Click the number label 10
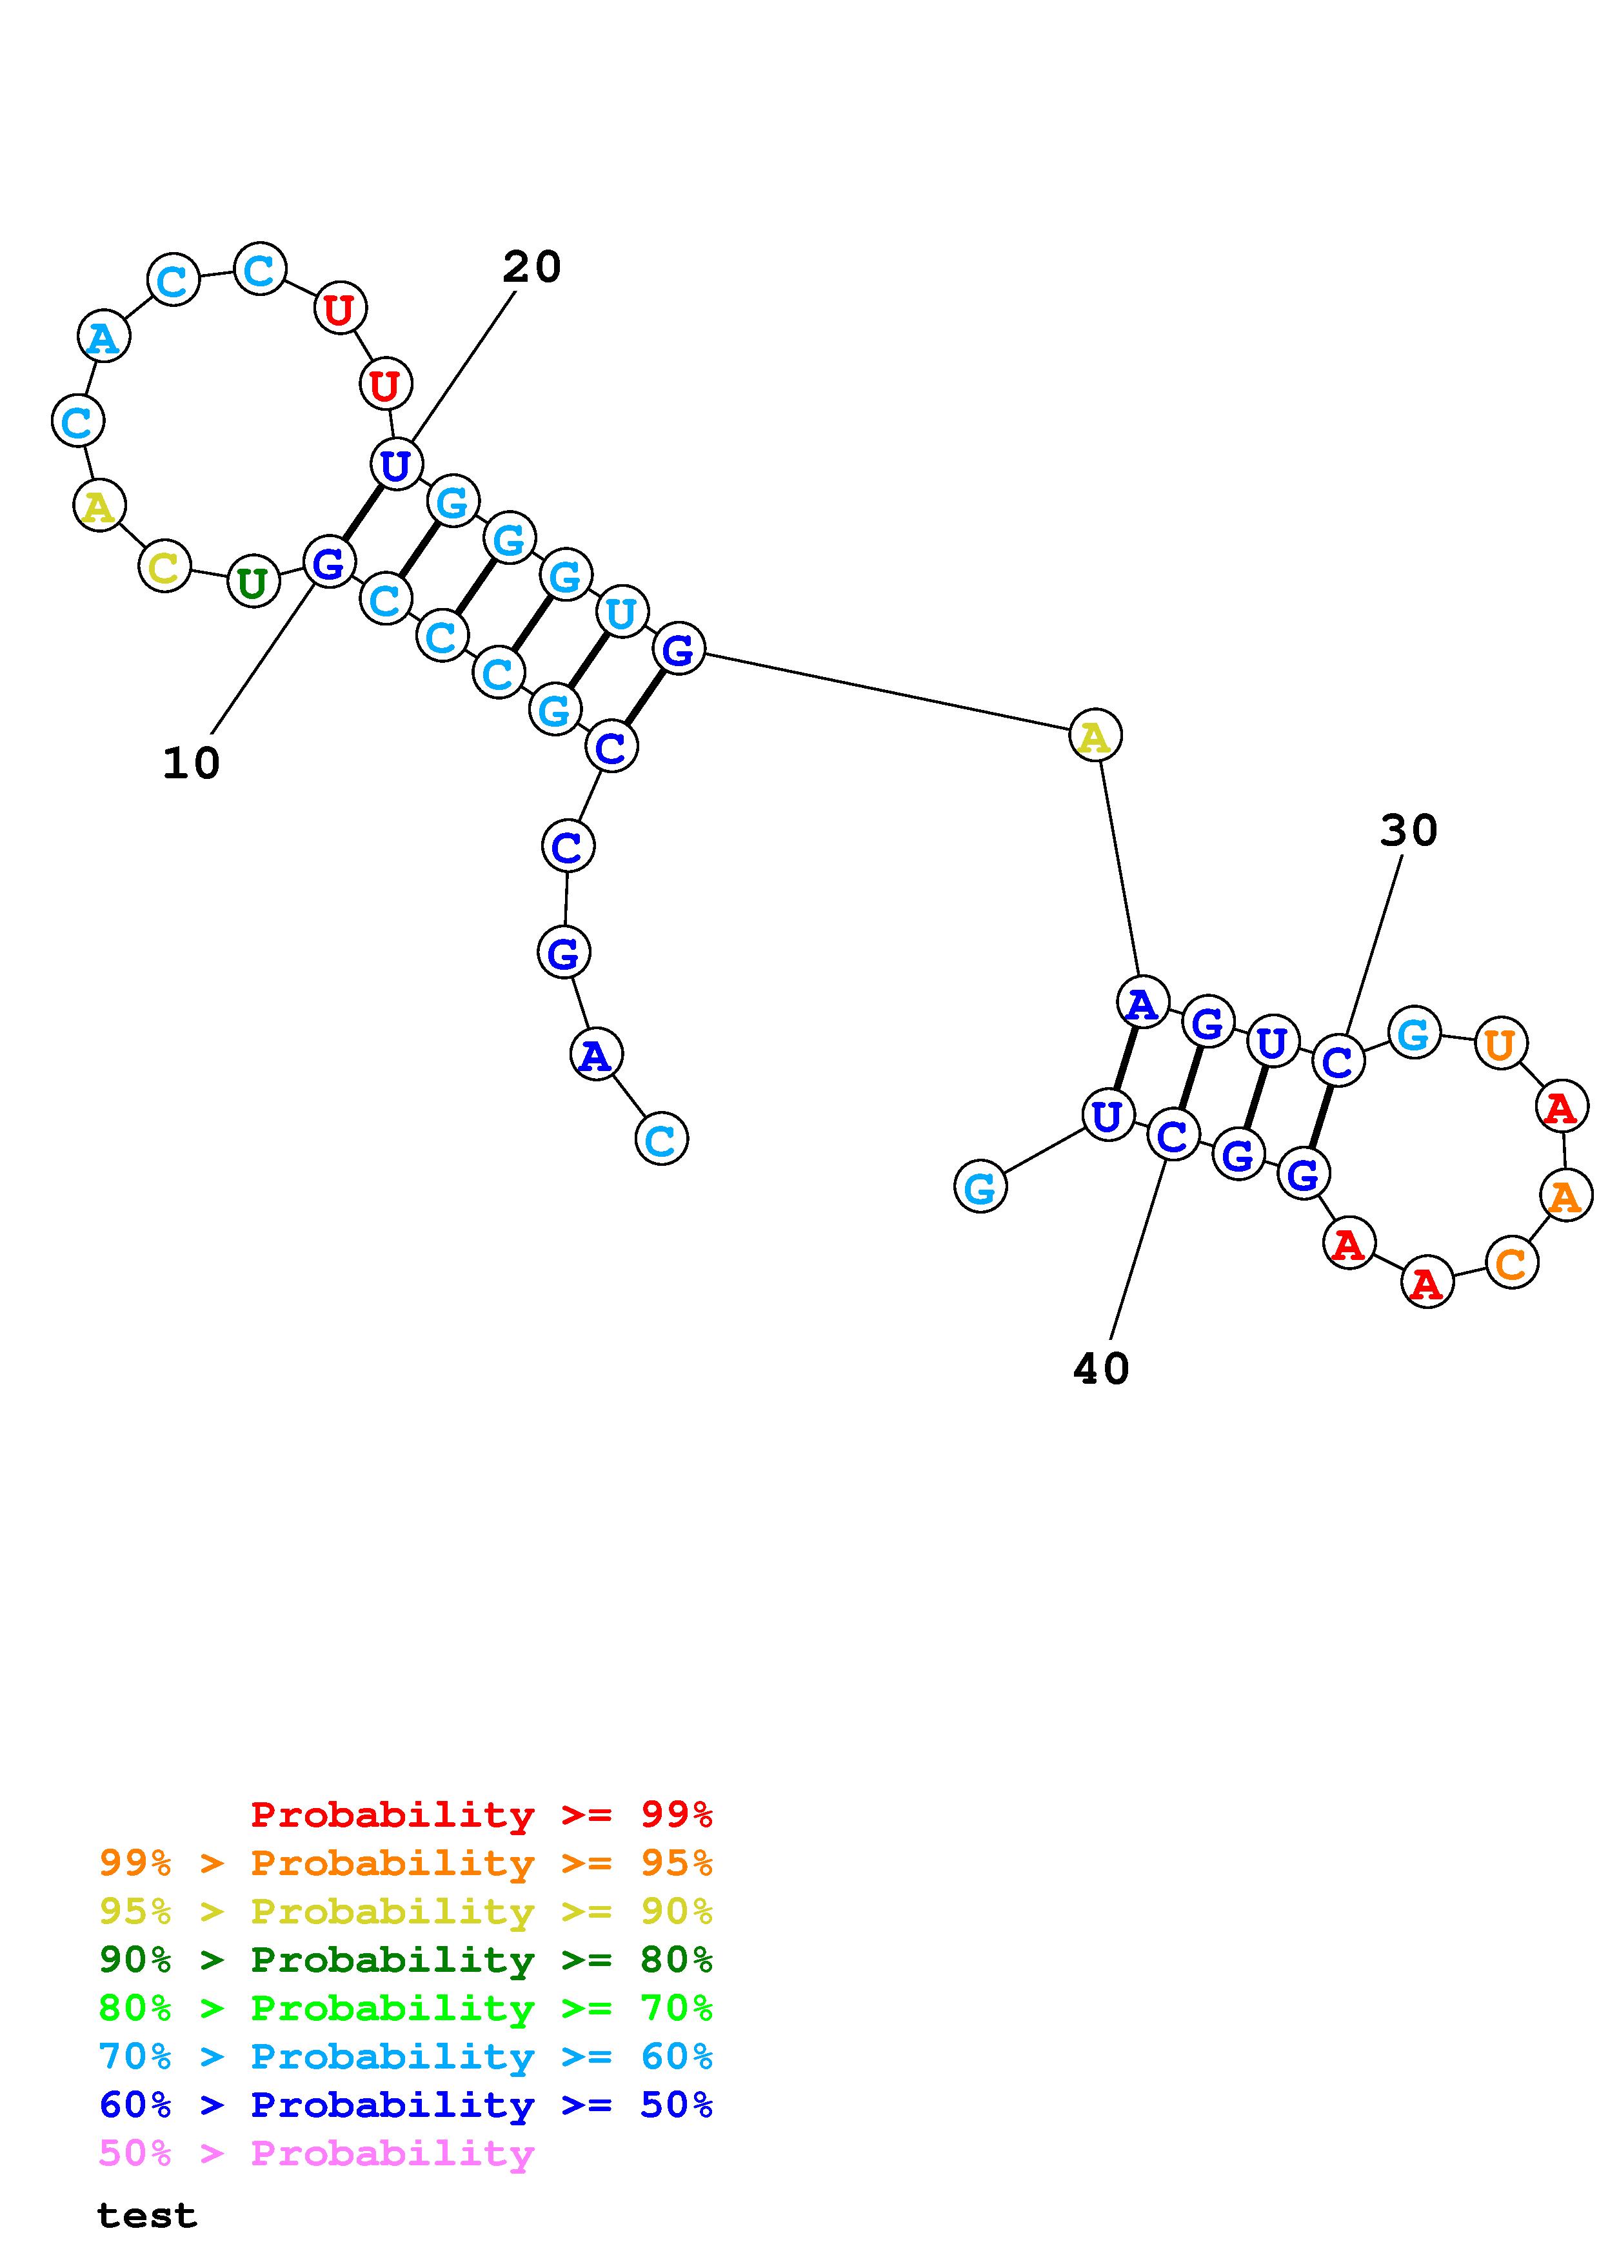tap(191, 763)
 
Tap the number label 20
tap(532, 267)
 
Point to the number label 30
tap(1409, 831)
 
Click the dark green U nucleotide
tap(253, 582)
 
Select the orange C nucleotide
tap(1511, 1263)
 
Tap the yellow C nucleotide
tap(164, 567)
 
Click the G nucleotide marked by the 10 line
tap(328, 562)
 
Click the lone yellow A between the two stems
tap(1095, 735)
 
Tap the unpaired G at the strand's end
tap(980, 1186)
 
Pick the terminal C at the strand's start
tap(661, 1139)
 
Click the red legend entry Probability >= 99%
tap(482, 1814)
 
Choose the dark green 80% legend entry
tap(406, 1960)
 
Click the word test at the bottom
tap(147, 2215)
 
